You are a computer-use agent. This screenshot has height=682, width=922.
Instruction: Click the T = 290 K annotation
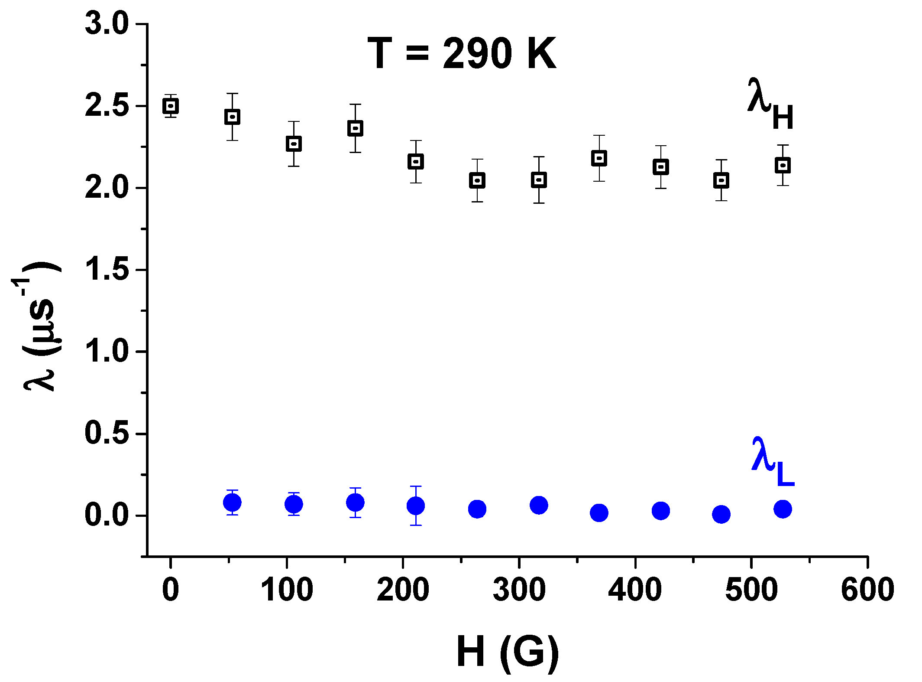[x=462, y=54]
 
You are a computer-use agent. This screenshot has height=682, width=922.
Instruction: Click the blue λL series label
[x=773, y=462]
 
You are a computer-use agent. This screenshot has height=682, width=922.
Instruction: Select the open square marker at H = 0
[x=171, y=106]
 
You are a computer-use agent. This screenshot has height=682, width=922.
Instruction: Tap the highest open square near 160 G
[x=355, y=128]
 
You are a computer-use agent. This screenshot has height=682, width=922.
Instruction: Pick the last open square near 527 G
[x=783, y=165]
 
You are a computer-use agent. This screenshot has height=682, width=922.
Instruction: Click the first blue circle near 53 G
[x=232, y=503]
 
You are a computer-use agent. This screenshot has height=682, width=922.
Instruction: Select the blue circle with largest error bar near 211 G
[x=416, y=506]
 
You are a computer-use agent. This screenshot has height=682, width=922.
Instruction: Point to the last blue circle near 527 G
[x=783, y=509]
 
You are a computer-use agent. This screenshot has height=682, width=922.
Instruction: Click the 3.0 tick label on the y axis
[x=107, y=24]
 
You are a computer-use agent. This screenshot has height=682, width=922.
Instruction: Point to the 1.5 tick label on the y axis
[x=107, y=269]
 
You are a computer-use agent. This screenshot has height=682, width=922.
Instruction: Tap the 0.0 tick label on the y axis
[x=107, y=516]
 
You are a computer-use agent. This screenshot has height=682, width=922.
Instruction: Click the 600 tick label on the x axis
[x=867, y=590]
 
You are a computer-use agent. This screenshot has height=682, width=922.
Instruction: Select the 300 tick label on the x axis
[x=519, y=590]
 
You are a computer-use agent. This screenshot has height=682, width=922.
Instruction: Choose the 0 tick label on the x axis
[x=171, y=590]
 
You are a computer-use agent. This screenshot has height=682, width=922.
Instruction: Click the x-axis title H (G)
[x=508, y=652]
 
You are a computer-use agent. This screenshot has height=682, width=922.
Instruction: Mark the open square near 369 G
[x=599, y=158]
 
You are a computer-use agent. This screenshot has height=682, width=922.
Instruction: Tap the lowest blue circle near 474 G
[x=721, y=515]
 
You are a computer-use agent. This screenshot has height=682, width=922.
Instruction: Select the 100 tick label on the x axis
[x=287, y=590]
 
